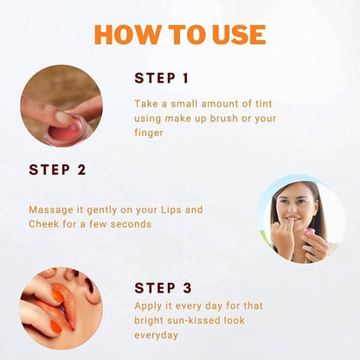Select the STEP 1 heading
point(162,78)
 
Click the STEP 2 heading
point(57,170)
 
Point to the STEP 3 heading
point(163,287)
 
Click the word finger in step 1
point(149,133)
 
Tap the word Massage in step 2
point(51,210)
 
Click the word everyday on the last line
point(156,335)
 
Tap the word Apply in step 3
point(148,306)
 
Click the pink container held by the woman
point(309,232)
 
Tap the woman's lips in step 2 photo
point(293,219)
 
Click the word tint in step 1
point(264,104)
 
